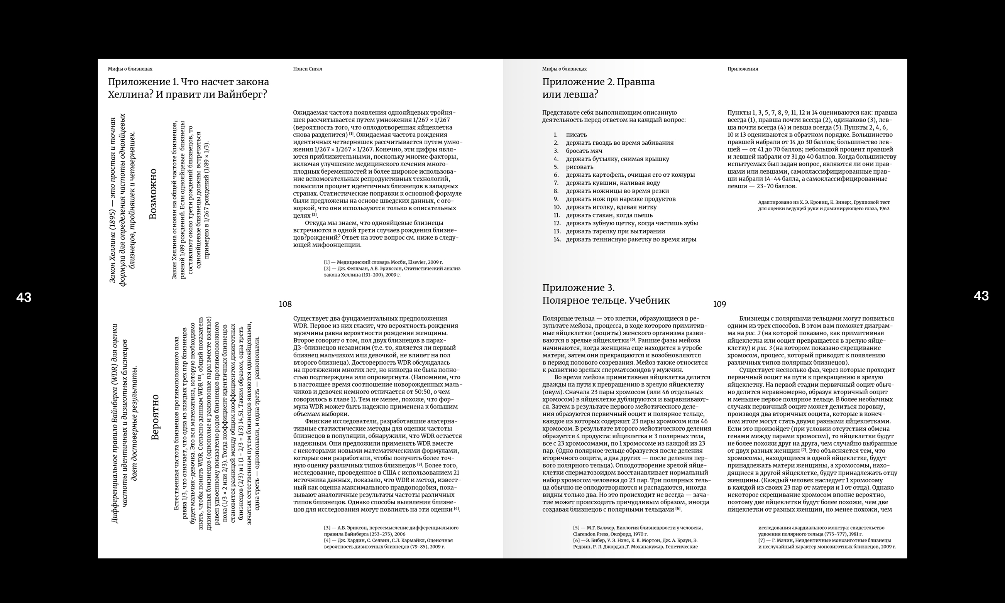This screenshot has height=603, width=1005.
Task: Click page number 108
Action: click(285, 304)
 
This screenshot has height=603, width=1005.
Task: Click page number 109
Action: click(719, 304)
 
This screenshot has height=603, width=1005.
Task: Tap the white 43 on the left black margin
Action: click(24, 297)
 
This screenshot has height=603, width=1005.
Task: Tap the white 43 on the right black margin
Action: click(981, 296)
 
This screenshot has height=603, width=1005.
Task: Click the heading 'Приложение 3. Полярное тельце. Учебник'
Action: click(606, 294)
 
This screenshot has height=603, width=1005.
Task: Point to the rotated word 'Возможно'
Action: click(153, 194)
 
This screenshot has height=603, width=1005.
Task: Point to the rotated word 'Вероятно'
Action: click(155, 417)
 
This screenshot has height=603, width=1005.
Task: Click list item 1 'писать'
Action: click(576, 135)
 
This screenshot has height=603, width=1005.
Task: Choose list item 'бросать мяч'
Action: click(584, 151)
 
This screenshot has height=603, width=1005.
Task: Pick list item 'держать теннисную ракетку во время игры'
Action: click(631, 239)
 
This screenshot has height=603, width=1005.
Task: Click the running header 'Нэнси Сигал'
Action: click(307, 69)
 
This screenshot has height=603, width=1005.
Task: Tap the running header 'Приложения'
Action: click(743, 69)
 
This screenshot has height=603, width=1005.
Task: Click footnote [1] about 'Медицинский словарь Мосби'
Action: click(383, 262)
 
